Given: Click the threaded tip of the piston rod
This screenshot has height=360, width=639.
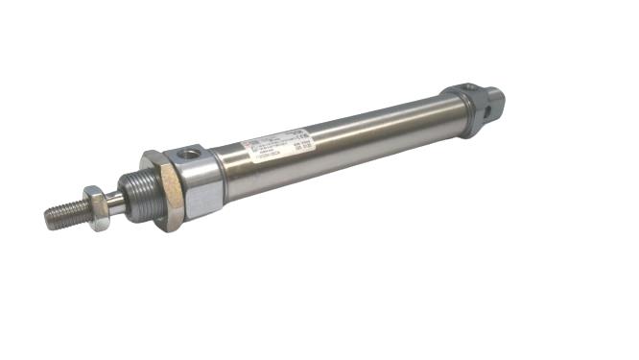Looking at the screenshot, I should [x=63, y=212].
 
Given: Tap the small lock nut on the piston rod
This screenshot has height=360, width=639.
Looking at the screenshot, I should [x=96, y=204].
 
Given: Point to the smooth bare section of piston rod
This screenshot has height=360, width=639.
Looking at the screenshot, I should [x=115, y=199].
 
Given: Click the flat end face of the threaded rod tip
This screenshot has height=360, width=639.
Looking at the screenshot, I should [x=46, y=217].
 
